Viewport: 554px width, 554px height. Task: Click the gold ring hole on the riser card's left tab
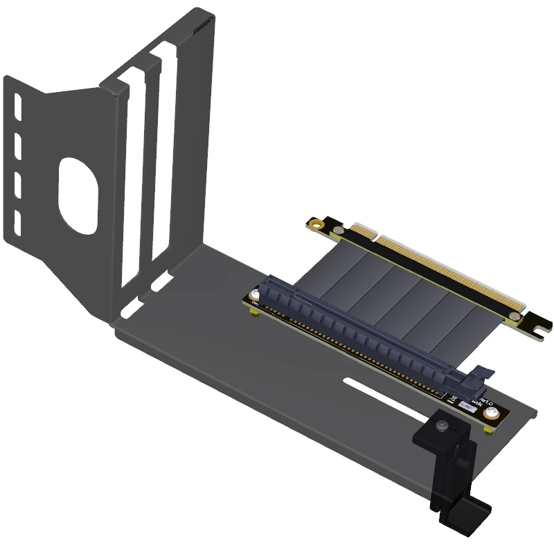tap(317, 224)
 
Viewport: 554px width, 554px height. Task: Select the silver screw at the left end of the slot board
tap(256, 296)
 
